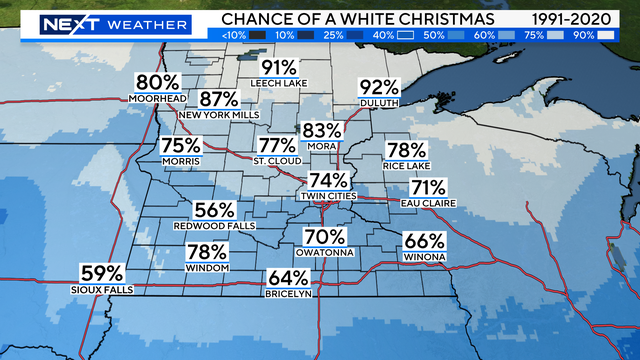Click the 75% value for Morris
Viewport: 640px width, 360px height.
tap(181, 146)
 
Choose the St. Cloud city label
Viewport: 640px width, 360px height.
tap(275, 161)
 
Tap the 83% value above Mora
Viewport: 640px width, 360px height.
tap(321, 131)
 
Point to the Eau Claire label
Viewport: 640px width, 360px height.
tap(433, 203)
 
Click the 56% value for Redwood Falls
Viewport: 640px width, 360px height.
tap(215, 210)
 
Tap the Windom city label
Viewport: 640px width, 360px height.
tap(207, 268)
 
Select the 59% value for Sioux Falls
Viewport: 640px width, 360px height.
tap(102, 272)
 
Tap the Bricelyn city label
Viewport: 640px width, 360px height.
tap(288, 293)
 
